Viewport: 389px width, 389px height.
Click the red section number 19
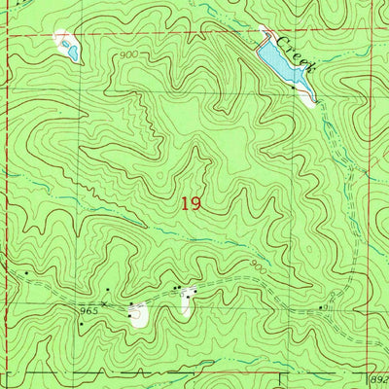(190, 204)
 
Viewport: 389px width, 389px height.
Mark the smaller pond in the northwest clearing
(61, 37)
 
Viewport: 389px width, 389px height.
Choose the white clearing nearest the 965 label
(140, 313)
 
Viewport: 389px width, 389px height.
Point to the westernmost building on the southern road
(26, 273)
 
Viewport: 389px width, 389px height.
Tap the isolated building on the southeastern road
(323, 307)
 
